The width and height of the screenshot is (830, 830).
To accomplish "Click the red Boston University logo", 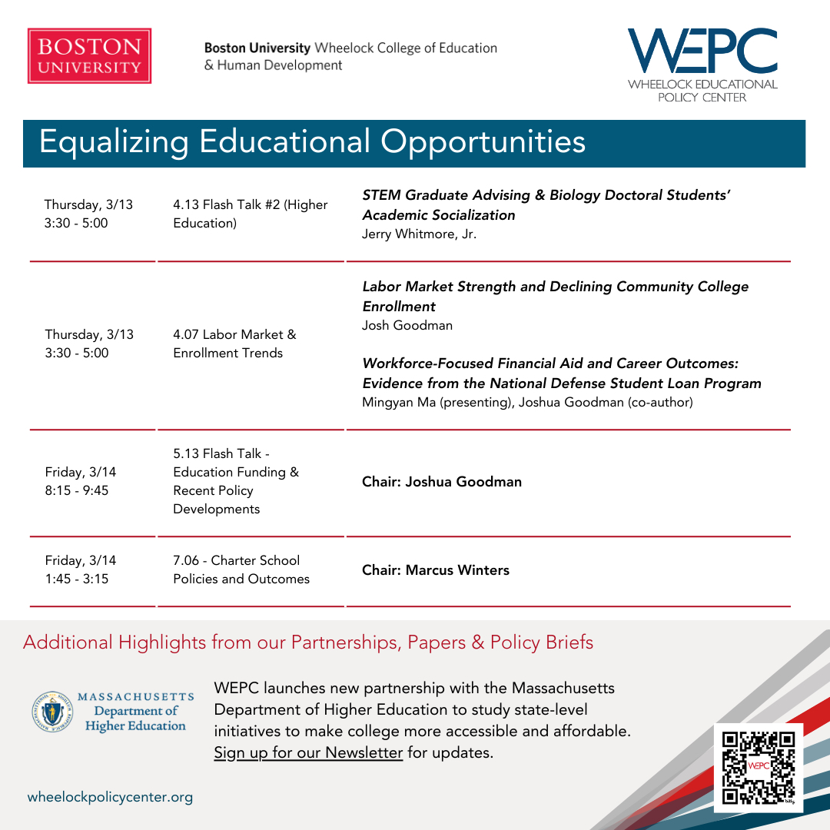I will [x=89, y=56].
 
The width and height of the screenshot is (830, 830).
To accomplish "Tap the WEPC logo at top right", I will [x=702, y=65].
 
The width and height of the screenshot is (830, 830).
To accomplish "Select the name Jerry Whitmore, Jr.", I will [x=419, y=234].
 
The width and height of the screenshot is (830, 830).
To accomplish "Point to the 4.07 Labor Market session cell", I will [x=234, y=344].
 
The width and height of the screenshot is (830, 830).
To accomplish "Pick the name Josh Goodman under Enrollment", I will [x=407, y=325].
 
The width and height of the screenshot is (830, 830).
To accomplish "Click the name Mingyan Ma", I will [x=396, y=402].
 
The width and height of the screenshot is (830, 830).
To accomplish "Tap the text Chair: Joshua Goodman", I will [x=441, y=482].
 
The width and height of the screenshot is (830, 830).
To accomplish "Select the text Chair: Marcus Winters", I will [x=435, y=569].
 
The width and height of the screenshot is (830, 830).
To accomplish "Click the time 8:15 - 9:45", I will [x=76, y=490].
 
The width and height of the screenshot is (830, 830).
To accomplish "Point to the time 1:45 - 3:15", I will [x=76, y=579].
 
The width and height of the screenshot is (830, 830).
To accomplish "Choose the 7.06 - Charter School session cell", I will [x=241, y=569].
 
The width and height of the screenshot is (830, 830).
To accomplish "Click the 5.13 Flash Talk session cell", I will [x=235, y=481].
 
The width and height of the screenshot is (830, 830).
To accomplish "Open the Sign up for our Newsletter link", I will [x=308, y=752].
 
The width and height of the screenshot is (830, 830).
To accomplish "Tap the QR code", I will [x=758, y=767].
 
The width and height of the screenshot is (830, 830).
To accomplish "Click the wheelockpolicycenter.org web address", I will [x=110, y=797].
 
